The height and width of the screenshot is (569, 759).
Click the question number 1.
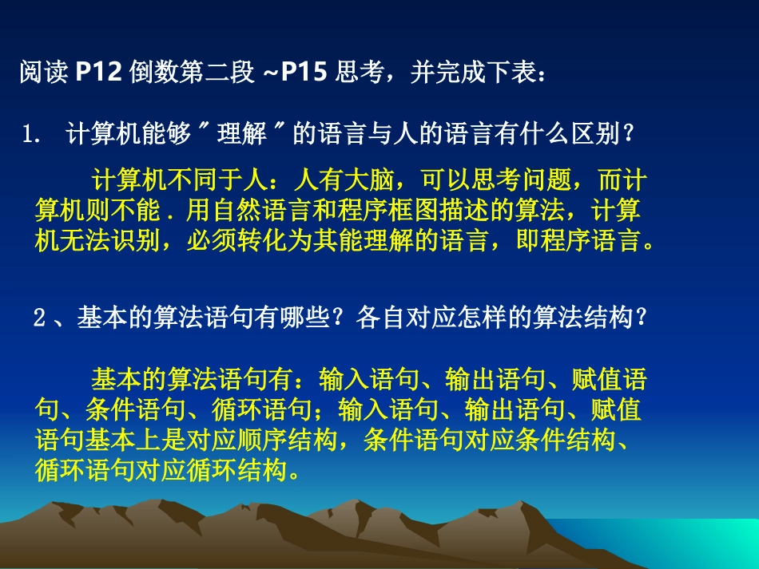pyautogui.click(x=31, y=136)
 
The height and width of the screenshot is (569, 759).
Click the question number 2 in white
pyautogui.click(x=40, y=318)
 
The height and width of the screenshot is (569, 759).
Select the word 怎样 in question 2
pyautogui.click(x=483, y=318)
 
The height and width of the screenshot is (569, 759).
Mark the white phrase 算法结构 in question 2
pyautogui.click(x=592, y=318)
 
